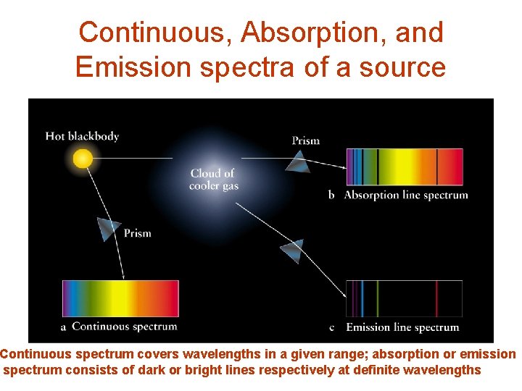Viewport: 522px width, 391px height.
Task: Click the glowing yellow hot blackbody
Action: click(83, 157)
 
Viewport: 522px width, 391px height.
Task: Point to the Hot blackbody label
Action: click(82, 136)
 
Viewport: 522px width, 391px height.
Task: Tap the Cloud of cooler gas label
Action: click(213, 180)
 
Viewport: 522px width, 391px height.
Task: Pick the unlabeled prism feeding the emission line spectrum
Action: click(292, 251)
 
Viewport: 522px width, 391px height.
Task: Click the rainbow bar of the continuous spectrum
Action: click(120, 298)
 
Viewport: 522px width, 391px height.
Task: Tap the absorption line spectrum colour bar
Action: click(404, 167)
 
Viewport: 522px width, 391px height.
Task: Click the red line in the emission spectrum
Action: click(436, 298)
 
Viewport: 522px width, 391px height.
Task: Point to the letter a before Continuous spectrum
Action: click(63, 327)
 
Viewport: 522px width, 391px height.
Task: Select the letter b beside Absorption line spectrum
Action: click(331, 195)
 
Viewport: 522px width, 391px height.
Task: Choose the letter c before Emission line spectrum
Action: click(331, 328)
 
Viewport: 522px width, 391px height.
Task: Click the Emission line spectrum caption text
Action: click(402, 327)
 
